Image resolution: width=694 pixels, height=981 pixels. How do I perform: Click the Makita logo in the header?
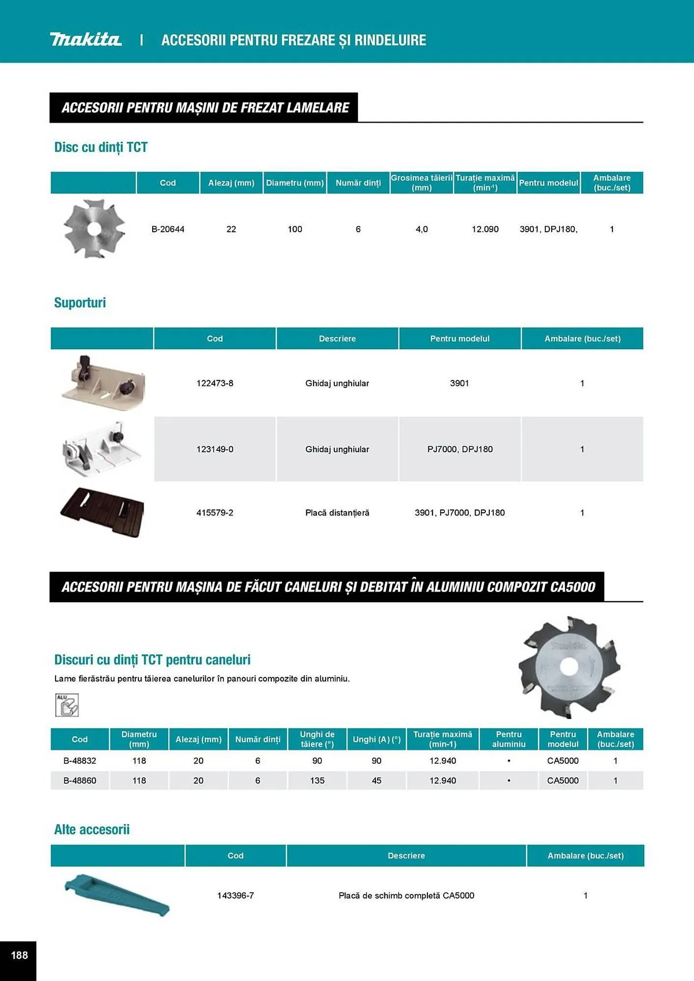click(x=85, y=39)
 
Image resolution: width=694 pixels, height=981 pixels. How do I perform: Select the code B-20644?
click(x=168, y=229)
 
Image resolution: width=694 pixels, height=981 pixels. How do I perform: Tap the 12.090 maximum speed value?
click(x=485, y=229)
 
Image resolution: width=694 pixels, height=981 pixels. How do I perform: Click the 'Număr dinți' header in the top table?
click(x=358, y=183)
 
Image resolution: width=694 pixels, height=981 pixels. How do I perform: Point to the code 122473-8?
click(x=215, y=383)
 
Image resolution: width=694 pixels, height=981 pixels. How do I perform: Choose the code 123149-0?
click(x=215, y=449)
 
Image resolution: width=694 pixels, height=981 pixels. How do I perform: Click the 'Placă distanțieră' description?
click(x=337, y=513)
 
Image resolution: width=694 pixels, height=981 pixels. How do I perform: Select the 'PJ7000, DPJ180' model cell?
click(x=460, y=449)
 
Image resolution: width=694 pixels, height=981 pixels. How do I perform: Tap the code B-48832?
click(x=80, y=761)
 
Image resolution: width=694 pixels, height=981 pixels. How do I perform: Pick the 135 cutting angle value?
click(x=317, y=780)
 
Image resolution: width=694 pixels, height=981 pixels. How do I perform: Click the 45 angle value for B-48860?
click(x=376, y=780)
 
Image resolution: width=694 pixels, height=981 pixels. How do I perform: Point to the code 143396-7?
click(x=236, y=895)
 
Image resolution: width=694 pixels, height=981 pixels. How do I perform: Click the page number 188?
click(x=19, y=955)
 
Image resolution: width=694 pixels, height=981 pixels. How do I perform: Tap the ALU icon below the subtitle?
click(x=67, y=705)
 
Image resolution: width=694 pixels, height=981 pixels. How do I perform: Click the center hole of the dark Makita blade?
click(x=568, y=666)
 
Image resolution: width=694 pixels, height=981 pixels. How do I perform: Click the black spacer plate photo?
click(x=102, y=512)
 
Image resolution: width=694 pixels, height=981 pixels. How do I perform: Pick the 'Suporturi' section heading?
click(x=80, y=303)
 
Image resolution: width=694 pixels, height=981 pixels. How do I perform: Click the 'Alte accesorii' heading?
click(x=92, y=829)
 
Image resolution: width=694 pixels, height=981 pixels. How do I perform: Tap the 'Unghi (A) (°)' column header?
click(x=376, y=739)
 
